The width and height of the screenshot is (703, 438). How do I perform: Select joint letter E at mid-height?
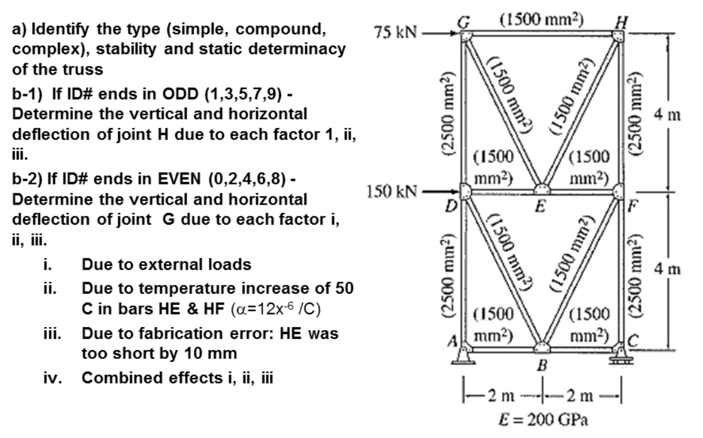click(541, 204)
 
